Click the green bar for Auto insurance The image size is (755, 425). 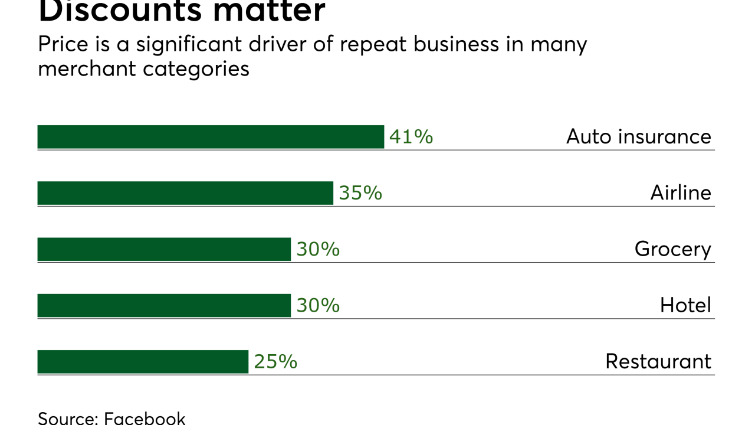click(x=211, y=137)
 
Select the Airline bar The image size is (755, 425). click(x=185, y=193)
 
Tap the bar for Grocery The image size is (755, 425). click(x=164, y=249)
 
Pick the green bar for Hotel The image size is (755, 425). click(x=164, y=305)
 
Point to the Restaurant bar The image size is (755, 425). click(x=143, y=362)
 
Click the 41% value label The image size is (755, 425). click(x=411, y=137)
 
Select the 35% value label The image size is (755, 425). click(x=360, y=193)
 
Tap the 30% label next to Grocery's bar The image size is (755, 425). click(x=318, y=249)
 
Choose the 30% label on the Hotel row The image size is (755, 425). click(x=318, y=305)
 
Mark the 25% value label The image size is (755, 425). click(x=275, y=362)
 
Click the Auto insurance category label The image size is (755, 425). click(x=639, y=137)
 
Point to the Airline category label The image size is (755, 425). click(x=681, y=193)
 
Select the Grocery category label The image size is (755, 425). click(x=673, y=250)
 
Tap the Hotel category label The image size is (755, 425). click(x=685, y=305)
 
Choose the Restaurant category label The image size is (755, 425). click(x=658, y=362)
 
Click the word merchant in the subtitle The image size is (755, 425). click(x=87, y=69)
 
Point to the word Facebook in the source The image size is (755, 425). click(x=145, y=418)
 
